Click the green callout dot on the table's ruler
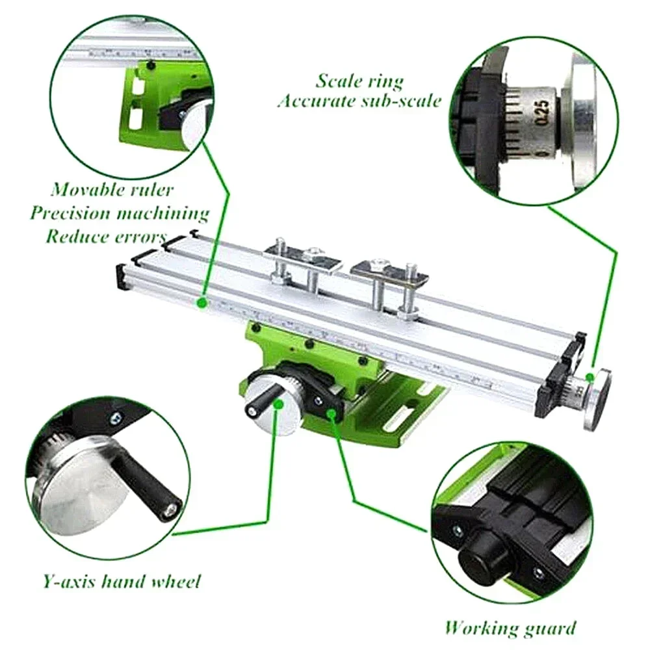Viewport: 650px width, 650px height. [202, 302]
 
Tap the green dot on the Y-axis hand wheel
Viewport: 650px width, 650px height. [278, 404]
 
